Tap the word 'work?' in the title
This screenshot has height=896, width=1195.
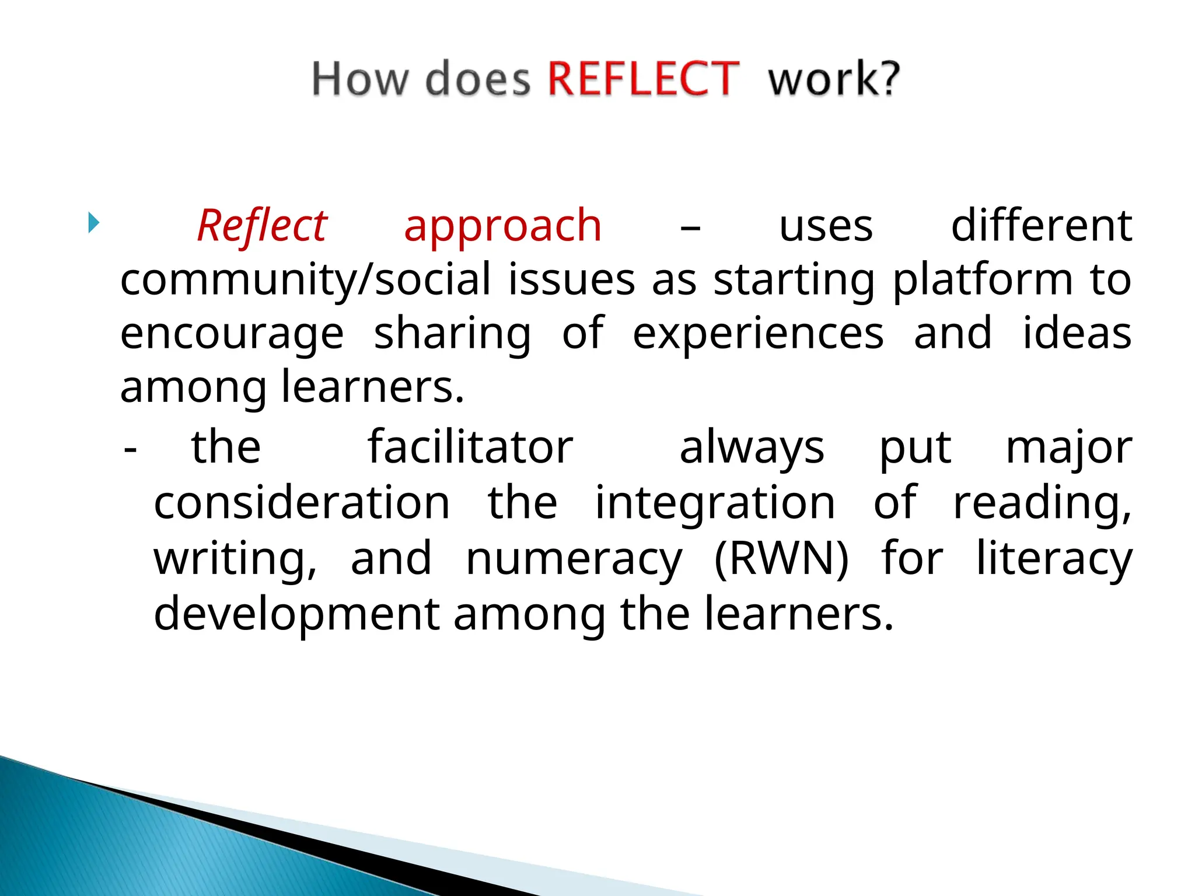(834, 79)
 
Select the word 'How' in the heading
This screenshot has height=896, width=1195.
(359, 79)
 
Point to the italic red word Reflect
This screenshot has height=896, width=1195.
(262, 226)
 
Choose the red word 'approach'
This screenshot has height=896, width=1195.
(502, 226)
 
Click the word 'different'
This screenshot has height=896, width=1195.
(1042, 226)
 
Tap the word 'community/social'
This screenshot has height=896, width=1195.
(305, 280)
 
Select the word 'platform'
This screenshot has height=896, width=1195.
(983, 280)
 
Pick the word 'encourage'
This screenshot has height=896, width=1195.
(232, 334)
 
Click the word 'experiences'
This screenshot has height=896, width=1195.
(758, 334)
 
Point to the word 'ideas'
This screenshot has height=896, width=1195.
(1077, 334)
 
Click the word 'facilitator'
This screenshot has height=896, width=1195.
(470, 448)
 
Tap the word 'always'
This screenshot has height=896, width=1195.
(752, 448)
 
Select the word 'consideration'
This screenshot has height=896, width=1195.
(302, 503)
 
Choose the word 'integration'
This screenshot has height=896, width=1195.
(715, 503)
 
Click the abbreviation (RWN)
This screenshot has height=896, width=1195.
(781, 559)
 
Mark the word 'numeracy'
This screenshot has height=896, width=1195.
(574, 559)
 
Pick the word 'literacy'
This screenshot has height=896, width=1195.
(1054, 559)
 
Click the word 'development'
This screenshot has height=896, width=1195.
(296, 614)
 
